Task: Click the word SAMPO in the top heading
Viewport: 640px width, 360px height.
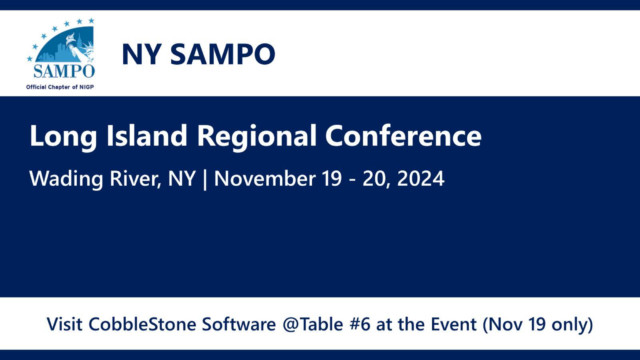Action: click(x=223, y=54)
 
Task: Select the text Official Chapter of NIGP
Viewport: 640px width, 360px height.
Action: click(x=60, y=87)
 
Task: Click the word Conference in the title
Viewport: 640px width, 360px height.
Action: click(x=403, y=135)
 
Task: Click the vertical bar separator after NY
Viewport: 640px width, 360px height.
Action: click(x=205, y=179)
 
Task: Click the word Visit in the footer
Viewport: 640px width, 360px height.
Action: click(x=65, y=324)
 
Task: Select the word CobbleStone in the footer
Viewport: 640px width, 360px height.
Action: click(x=142, y=324)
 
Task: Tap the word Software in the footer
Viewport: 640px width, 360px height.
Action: click(x=239, y=324)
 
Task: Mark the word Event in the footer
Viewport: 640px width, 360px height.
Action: click(x=454, y=324)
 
